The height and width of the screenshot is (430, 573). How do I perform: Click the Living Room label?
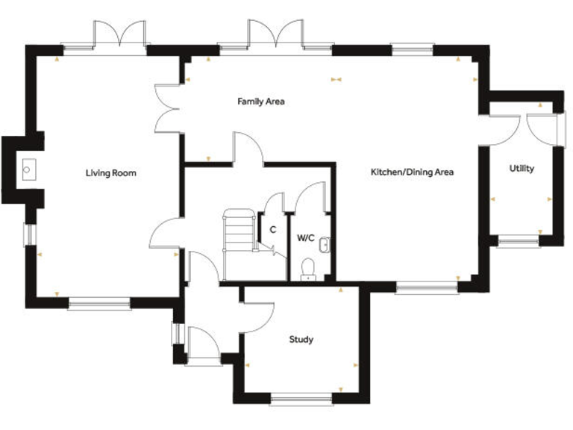click(110, 173)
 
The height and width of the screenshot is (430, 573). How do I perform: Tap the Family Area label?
click(261, 101)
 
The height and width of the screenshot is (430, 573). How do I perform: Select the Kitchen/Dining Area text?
click(413, 172)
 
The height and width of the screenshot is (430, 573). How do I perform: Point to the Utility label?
click(522, 168)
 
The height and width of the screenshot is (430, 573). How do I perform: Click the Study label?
click(301, 340)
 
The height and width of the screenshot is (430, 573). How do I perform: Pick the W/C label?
click(306, 239)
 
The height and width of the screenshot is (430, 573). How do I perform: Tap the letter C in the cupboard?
click(273, 230)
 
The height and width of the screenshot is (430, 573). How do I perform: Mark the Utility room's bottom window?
click(519, 241)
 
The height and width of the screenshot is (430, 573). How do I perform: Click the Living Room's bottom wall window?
click(99, 303)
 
